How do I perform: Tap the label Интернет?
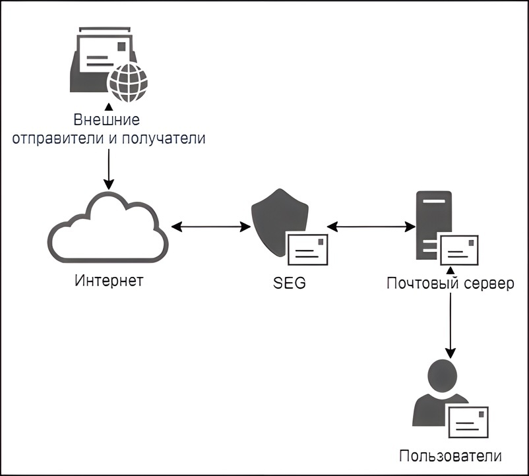109,281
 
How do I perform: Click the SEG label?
290,284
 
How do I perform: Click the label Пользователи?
451,456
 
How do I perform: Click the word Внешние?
106,121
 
